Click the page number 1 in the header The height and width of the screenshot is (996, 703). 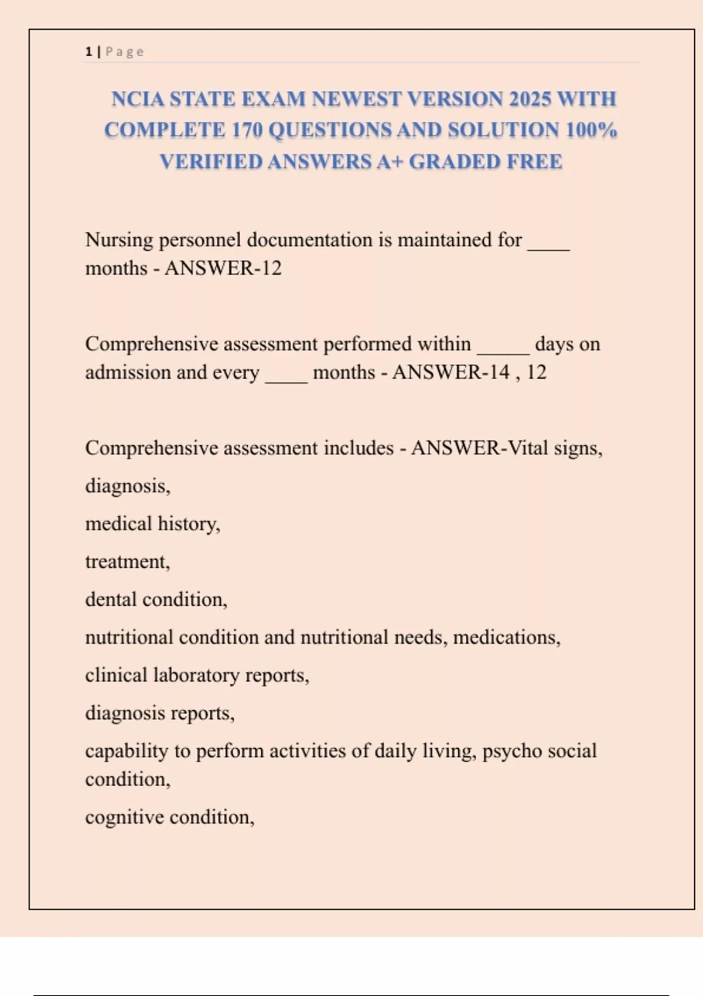[88, 52]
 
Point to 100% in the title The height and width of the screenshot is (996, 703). [591, 129]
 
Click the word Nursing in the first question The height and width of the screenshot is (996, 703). [119, 240]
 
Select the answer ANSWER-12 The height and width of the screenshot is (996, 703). [223, 268]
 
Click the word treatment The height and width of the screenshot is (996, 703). [127, 561]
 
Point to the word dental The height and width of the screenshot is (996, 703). [111, 599]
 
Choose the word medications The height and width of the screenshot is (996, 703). [506, 637]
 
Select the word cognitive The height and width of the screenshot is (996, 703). [124, 817]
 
